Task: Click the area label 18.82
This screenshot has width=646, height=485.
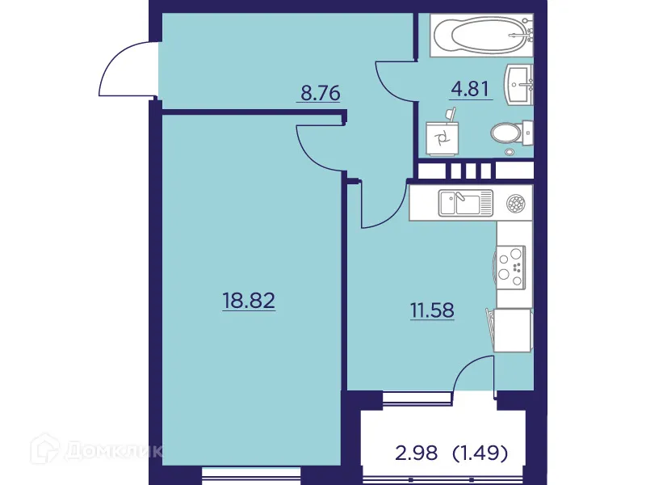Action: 249,302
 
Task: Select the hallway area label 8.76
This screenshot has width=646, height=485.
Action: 321,92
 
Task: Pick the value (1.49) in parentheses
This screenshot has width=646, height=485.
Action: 480,453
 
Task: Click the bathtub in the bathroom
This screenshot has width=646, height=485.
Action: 481,36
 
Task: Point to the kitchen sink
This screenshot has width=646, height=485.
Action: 464,202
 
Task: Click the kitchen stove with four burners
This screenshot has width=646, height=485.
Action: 512,266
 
